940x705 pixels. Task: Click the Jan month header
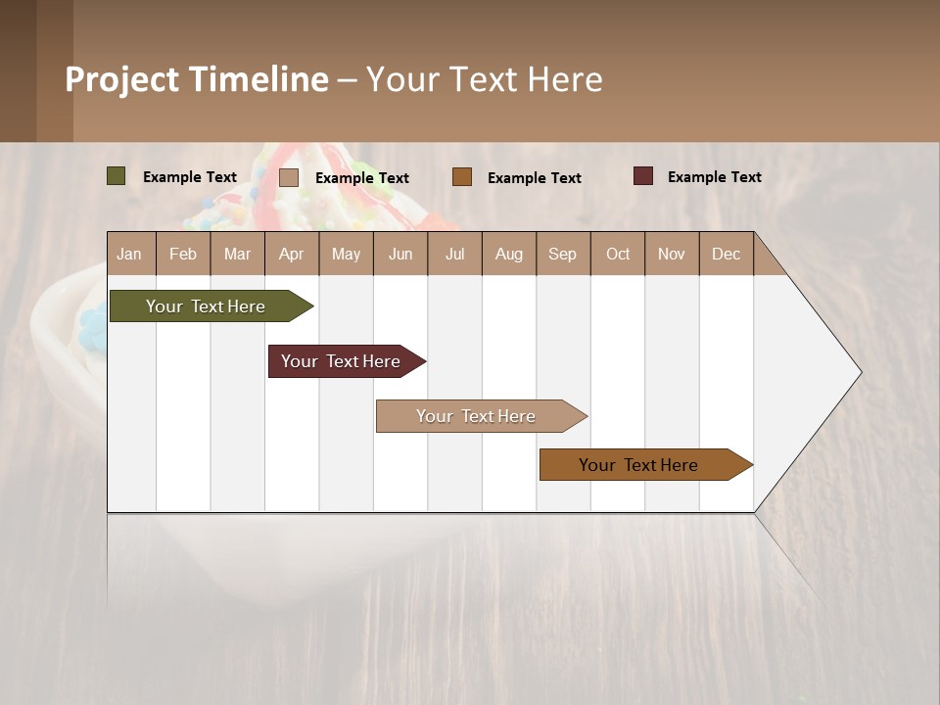click(130, 254)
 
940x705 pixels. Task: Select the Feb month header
click(183, 254)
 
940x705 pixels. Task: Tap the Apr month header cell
click(292, 254)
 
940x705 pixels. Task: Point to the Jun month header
click(400, 254)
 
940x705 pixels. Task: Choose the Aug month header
click(509, 254)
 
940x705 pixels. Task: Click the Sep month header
click(563, 254)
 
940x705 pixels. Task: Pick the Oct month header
click(618, 254)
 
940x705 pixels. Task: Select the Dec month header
click(727, 254)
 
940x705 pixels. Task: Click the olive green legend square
click(117, 176)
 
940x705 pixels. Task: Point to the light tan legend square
click(289, 177)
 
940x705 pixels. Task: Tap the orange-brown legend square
click(462, 177)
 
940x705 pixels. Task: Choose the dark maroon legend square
click(643, 176)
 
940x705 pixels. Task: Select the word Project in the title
click(122, 79)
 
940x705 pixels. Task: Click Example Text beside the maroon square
click(714, 176)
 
